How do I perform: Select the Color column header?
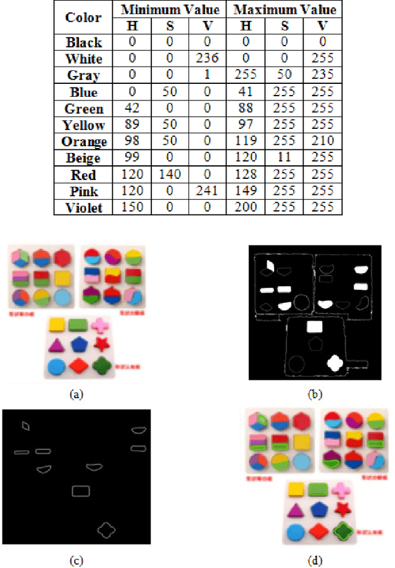pos(84,18)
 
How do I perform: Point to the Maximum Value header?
pos(286,10)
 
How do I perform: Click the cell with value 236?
pos(207,59)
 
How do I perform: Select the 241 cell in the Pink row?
pos(207,191)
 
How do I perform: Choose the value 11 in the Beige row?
pos(286,158)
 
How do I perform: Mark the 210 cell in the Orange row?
pos(322,142)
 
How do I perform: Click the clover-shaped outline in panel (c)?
pos(106,529)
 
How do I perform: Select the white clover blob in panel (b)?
pos(335,363)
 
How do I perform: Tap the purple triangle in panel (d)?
pos(295,510)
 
